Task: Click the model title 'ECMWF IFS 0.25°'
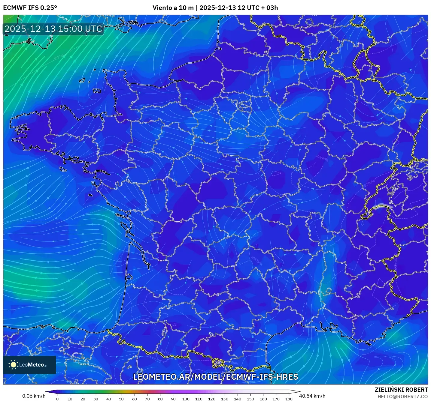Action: click(x=30, y=8)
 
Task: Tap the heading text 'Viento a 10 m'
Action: click(x=173, y=8)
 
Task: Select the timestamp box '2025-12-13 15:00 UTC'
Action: click(x=53, y=29)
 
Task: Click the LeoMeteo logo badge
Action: click(x=29, y=365)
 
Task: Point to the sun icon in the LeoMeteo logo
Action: click(x=13, y=364)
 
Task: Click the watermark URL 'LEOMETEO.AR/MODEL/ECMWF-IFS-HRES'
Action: click(x=215, y=377)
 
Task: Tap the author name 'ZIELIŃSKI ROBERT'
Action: click(x=401, y=390)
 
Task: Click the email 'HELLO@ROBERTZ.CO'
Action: click(x=402, y=397)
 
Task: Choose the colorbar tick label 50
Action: click(x=121, y=399)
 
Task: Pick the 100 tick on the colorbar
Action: click(x=186, y=399)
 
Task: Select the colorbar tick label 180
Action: click(x=289, y=399)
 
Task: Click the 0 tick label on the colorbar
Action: click(x=57, y=399)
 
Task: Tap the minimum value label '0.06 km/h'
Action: click(x=34, y=396)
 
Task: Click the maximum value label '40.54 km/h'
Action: click(x=312, y=396)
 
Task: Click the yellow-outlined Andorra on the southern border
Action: click(x=218, y=363)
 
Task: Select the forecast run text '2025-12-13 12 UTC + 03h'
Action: click(x=238, y=8)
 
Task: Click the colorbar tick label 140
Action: click(x=237, y=399)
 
